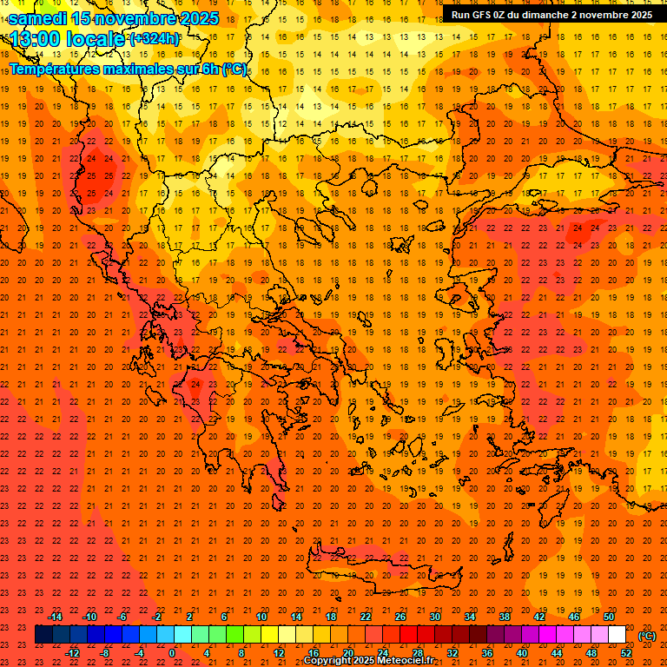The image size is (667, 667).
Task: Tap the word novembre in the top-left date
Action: tap(135, 17)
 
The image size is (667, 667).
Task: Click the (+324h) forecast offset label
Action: tap(155, 39)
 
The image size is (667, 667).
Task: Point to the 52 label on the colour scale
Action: tap(626, 653)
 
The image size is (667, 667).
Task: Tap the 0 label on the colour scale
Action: tap(173, 653)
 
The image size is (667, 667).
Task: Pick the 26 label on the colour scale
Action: tap(400, 617)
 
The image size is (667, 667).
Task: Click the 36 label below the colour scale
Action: tap(487, 653)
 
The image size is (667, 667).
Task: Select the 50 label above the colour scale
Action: tap(609, 617)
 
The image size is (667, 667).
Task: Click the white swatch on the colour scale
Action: tap(617, 635)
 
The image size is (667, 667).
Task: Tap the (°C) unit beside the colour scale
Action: tap(646, 636)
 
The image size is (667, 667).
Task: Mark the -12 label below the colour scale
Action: tap(72, 653)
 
